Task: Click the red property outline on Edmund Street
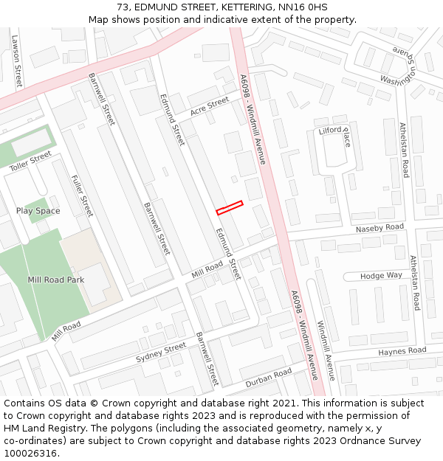(230, 208)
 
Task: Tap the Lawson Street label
(16, 62)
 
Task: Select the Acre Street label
(210, 107)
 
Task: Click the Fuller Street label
(82, 195)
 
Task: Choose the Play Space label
(38, 211)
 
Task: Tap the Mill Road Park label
(56, 280)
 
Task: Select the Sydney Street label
(161, 353)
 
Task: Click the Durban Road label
(269, 378)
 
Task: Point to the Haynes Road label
(402, 351)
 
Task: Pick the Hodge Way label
(382, 275)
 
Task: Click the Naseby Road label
(380, 229)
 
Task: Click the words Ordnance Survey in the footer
(387, 441)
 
